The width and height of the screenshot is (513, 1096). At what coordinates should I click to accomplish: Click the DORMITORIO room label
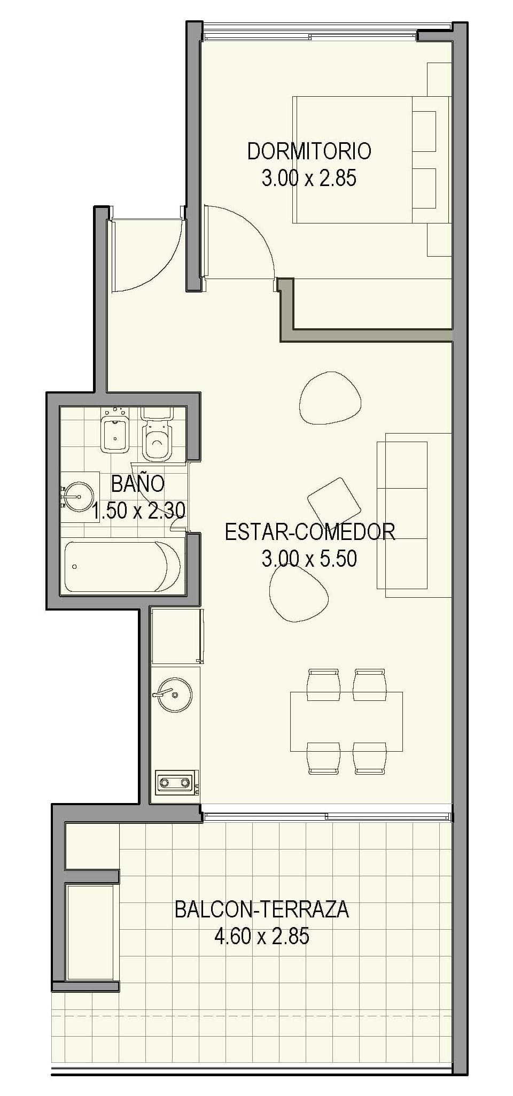[309, 151]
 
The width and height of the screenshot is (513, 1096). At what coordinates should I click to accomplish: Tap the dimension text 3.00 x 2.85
[309, 179]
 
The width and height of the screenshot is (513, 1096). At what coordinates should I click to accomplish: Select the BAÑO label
[138, 484]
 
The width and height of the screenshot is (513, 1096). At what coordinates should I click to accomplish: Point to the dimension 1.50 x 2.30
[139, 511]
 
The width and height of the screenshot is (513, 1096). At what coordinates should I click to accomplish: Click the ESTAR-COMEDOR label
[310, 532]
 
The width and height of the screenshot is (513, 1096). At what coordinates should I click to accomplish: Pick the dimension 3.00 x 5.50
[309, 559]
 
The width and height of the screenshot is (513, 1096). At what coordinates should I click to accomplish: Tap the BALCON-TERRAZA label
[262, 909]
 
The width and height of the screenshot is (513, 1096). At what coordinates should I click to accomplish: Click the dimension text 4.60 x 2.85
[262, 937]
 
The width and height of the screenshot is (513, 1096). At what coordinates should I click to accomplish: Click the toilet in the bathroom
[157, 436]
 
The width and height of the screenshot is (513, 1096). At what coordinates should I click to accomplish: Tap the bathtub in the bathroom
[122, 567]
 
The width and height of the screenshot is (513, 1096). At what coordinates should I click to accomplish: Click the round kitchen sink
[175, 695]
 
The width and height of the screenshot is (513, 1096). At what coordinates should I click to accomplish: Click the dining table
[346, 721]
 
